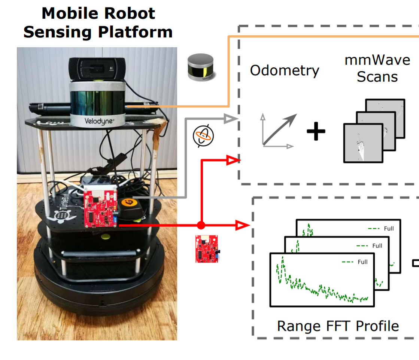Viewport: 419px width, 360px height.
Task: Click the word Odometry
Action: pyautogui.click(x=285, y=70)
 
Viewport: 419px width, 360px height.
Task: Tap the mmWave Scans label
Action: pyautogui.click(x=377, y=68)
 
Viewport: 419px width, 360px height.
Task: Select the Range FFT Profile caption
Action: pyautogui.click(x=338, y=326)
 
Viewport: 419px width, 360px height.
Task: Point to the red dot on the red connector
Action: pyautogui.click(x=201, y=225)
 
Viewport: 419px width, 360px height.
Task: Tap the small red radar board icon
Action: pyautogui.click(x=207, y=248)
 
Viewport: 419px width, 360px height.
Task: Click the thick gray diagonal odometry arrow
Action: pyautogui.click(x=279, y=129)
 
